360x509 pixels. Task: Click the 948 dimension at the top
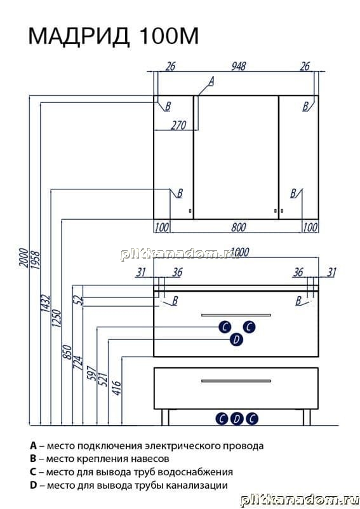pyautogui.click(x=238, y=66)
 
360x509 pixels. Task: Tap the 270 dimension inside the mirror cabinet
pyautogui.click(x=178, y=125)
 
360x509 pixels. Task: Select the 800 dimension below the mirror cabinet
pyautogui.click(x=238, y=227)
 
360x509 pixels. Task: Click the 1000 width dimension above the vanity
pyautogui.click(x=239, y=252)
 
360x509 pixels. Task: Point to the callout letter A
pyautogui.click(x=211, y=81)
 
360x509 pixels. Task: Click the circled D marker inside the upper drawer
pyautogui.click(x=236, y=339)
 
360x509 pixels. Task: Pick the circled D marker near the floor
pyautogui.click(x=237, y=418)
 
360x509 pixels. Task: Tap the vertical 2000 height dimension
pyautogui.click(x=23, y=257)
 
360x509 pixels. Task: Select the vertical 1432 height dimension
pyautogui.click(x=45, y=304)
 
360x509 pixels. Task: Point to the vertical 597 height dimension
pyautogui.click(x=91, y=374)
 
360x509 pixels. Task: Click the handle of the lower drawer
pyautogui.click(x=236, y=381)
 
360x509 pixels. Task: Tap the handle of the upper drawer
pyautogui.click(x=236, y=315)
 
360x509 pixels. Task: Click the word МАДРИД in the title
pyautogui.click(x=79, y=36)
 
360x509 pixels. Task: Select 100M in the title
pyautogui.click(x=168, y=36)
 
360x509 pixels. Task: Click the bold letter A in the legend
pyautogui.click(x=34, y=445)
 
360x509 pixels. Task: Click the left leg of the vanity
pyautogui.click(x=166, y=417)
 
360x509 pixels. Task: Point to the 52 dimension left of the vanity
pyautogui.click(x=79, y=301)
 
